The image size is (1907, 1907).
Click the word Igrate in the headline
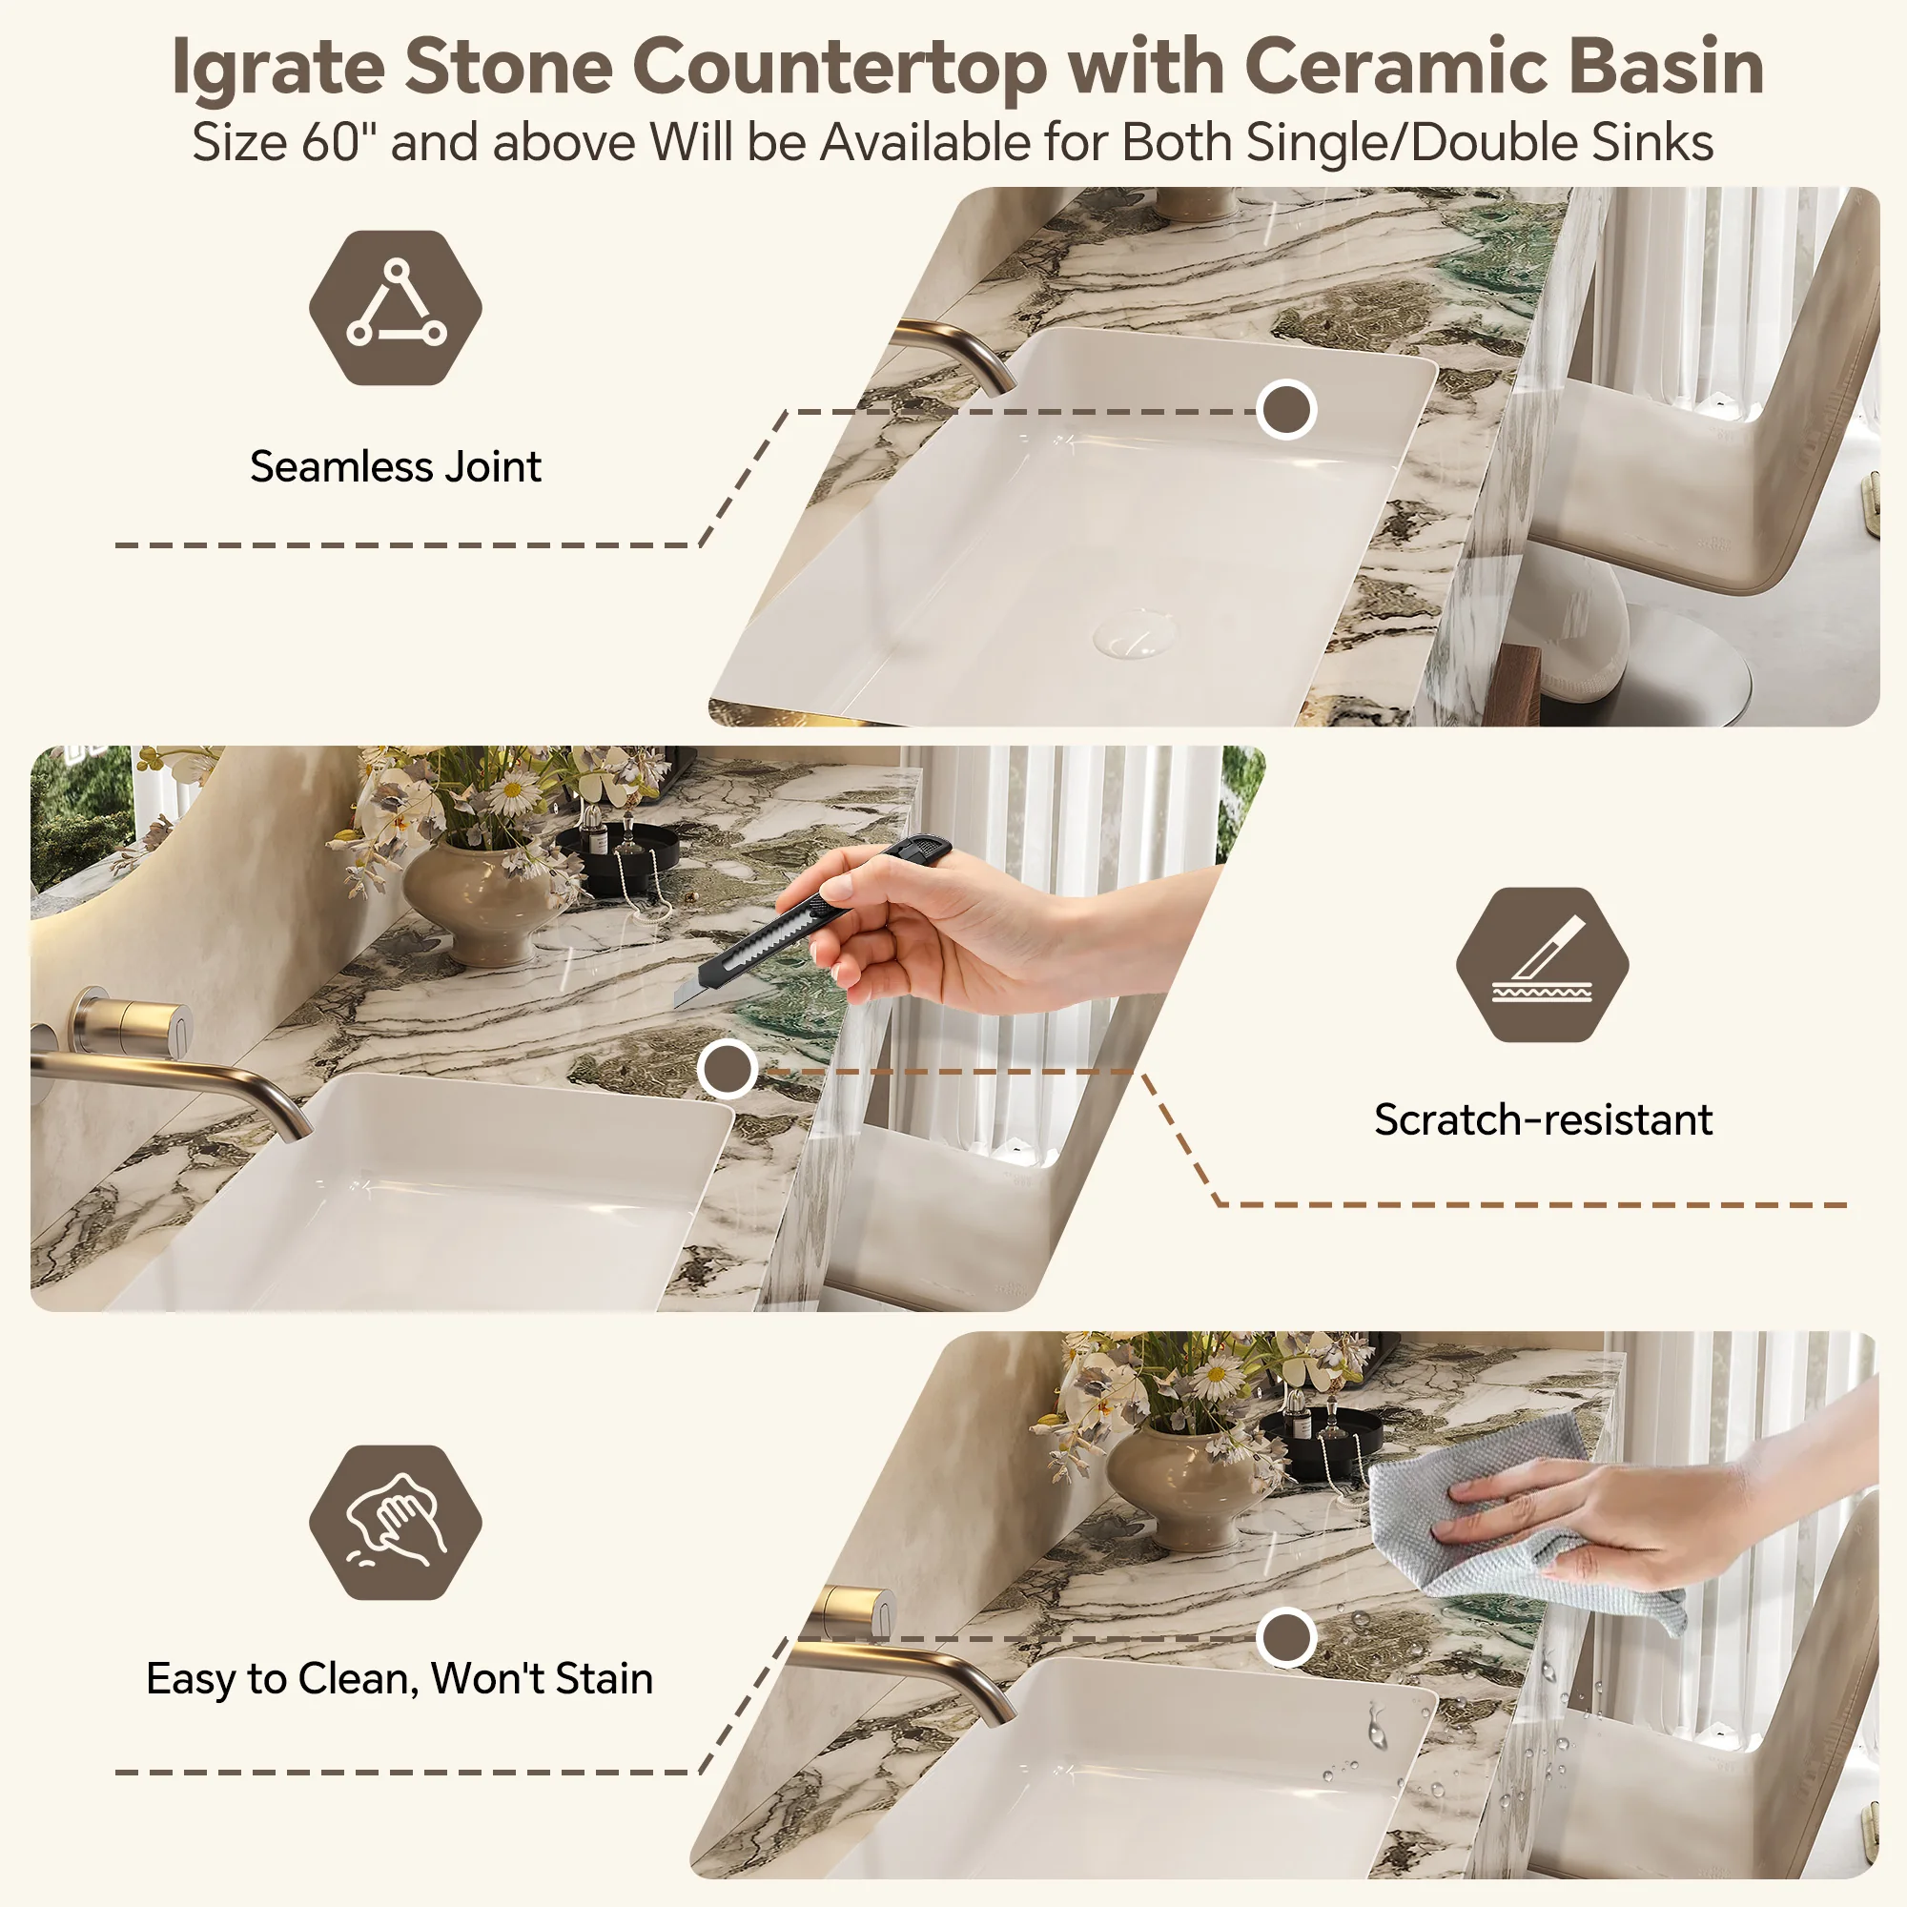click(x=277, y=67)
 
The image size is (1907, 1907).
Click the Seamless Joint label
click(x=395, y=466)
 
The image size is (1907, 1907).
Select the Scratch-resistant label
click(x=1543, y=1119)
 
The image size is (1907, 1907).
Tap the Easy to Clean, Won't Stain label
click(x=400, y=1679)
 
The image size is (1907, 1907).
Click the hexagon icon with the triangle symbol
click(x=395, y=308)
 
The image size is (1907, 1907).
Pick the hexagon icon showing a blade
click(x=1542, y=964)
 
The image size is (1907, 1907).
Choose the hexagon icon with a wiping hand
click(x=395, y=1522)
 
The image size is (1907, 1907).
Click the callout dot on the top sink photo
click(x=1286, y=409)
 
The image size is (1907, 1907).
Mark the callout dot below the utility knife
click(x=728, y=1068)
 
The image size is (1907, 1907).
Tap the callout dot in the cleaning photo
click(x=1286, y=1637)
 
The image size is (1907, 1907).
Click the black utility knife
click(x=811, y=920)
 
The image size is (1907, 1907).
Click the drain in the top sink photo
click(x=1135, y=633)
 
